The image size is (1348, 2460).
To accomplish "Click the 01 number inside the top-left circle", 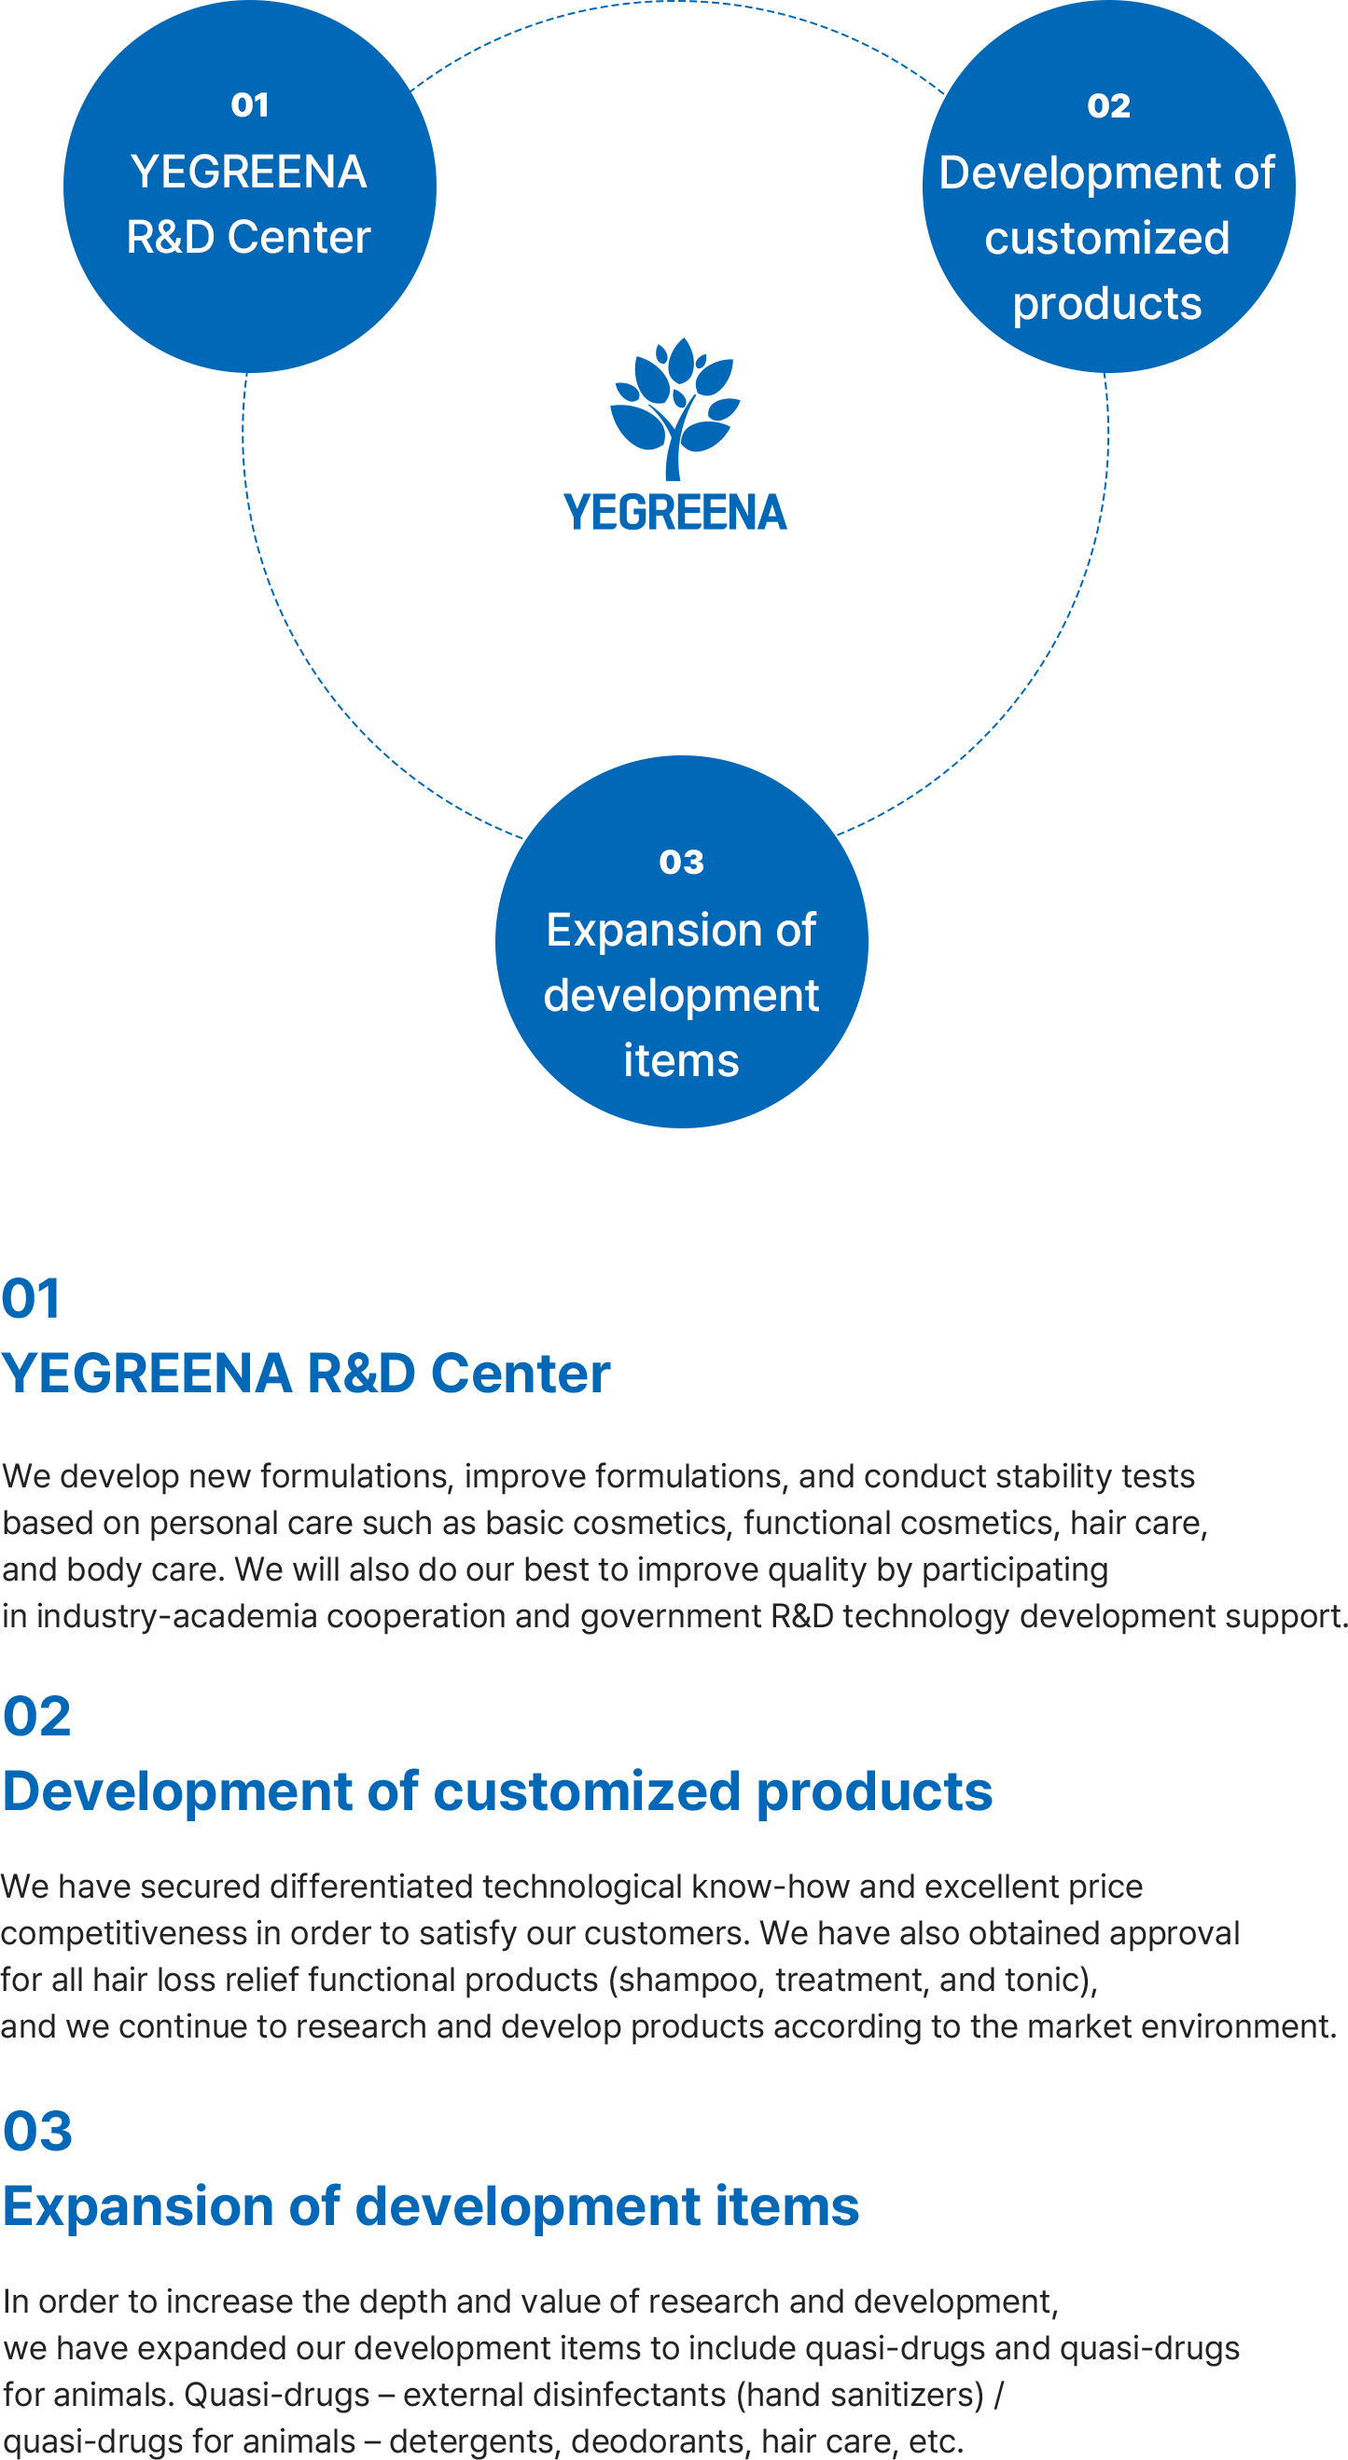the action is pyautogui.click(x=249, y=105).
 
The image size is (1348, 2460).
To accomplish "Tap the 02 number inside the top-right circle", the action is pyautogui.click(x=1108, y=106).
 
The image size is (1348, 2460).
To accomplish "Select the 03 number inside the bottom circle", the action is pyautogui.click(x=681, y=863).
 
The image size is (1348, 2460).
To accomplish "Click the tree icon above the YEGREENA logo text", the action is pyautogui.click(x=675, y=408).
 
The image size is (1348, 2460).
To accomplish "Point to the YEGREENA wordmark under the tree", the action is pyautogui.click(x=675, y=513).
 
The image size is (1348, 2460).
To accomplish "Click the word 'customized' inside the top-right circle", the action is pyautogui.click(x=1107, y=239).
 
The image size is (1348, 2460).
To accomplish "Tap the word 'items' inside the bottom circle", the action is pyautogui.click(x=681, y=1061).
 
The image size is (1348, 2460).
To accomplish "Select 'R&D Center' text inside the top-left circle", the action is pyautogui.click(x=248, y=237).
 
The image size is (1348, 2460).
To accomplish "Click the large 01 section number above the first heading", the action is pyautogui.click(x=32, y=1299).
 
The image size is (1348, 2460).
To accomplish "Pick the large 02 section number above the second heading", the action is pyautogui.click(x=37, y=1717).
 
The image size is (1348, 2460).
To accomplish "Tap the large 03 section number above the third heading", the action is pyautogui.click(x=37, y=2132).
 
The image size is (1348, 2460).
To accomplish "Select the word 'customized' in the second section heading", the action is pyautogui.click(x=588, y=1791).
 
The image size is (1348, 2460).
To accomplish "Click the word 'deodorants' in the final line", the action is pyautogui.click(x=659, y=2442).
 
